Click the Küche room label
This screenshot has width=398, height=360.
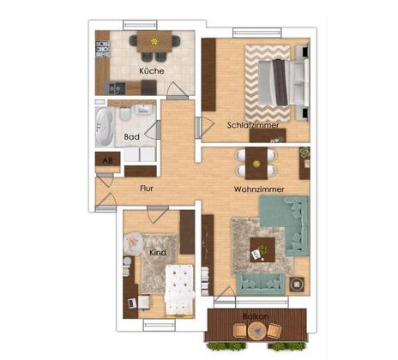pyautogui.click(x=152, y=71)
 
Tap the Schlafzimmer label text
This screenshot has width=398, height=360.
pyautogui.click(x=253, y=125)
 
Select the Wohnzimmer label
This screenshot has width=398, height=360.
pyautogui.click(x=259, y=189)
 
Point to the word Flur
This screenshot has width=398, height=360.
pyautogui.click(x=147, y=189)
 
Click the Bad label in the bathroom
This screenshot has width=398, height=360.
pyautogui.click(x=131, y=137)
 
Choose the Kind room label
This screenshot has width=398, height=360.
pyautogui.click(x=158, y=253)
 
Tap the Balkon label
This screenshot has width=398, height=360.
pyautogui.click(x=256, y=316)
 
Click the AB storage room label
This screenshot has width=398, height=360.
pyautogui.click(x=107, y=161)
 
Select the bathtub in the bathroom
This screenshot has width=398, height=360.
pyautogui.click(x=105, y=127)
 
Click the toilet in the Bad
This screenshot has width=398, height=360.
pyautogui.click(x=125, y=114)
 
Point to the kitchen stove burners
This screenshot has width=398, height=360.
pyautogui.click(x=103, y=50)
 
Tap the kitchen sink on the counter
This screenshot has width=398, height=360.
pyautogui.click(x=116, y=88)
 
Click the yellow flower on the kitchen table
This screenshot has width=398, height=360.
pyautogui.click(x=154, y=42)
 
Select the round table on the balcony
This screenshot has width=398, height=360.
pyautogui.click(x=257, y=331)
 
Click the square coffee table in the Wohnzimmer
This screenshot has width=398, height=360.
pyautogui.click(x=262, y=249)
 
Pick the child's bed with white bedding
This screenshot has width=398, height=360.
pyautogui.click(x=179, y=290)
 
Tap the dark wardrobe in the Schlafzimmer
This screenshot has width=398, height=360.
pyautogui.click(x=208, y=75)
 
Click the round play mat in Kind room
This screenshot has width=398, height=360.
pyautogui.click(x=133, y=244)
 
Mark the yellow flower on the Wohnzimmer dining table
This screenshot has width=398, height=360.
pyautogui.click(x=256, y=164)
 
